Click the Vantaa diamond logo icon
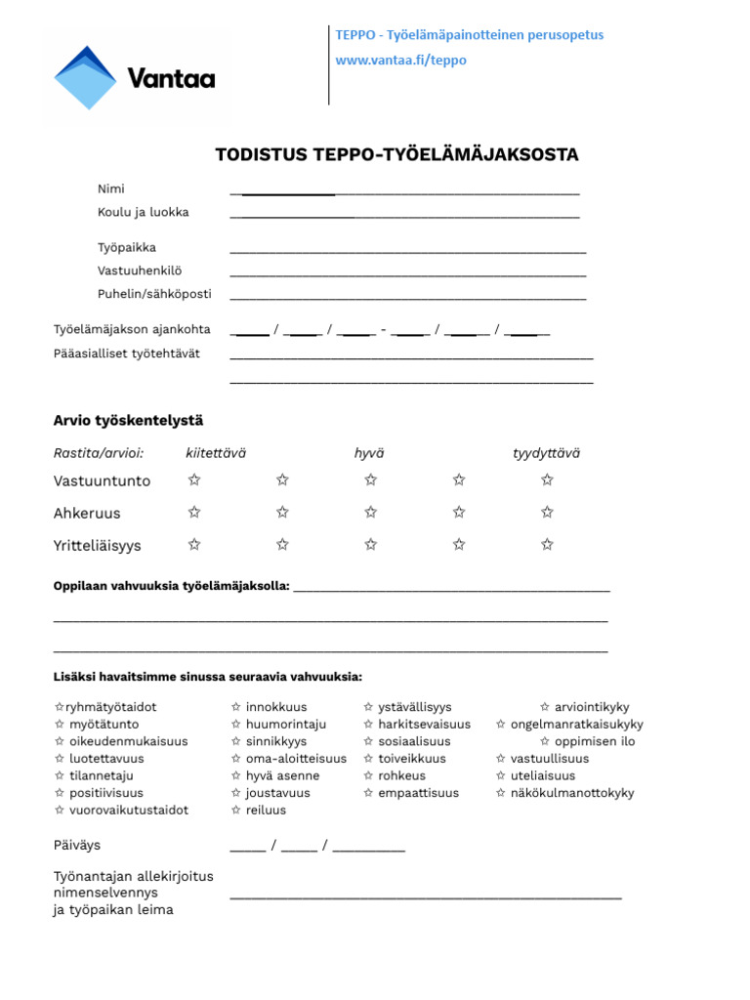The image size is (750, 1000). coord(85,78)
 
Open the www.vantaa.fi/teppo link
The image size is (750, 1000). coord(400,61)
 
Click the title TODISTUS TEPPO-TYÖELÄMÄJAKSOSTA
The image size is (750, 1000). coord(396,155)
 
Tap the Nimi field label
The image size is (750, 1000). coord(110,188)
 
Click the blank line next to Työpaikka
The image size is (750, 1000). coord(407,251)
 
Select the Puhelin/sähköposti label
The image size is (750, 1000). coord(153,294)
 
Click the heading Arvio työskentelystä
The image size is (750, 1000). coord(128,420)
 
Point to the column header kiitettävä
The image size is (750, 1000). coord(216,453)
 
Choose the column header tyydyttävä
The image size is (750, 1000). coord(546,453)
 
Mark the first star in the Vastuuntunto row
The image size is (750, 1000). coord(194,479)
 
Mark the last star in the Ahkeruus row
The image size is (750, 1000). coord(547,512)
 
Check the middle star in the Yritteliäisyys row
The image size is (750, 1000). coord(370,544)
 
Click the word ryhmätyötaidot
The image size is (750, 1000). coord(110,707)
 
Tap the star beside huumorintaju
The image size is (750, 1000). coord(236,725)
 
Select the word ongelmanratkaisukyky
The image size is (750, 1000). coord(576,725)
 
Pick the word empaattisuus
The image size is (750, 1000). coord(418,793)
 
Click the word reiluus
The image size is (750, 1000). coord(266,811)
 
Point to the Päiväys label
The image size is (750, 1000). coord(77,845)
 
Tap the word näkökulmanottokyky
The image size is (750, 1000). coord(571,793)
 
